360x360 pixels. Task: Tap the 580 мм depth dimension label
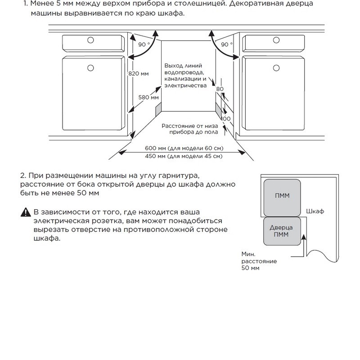[x=148, y=97]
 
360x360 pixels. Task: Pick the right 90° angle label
[x=226, y=45]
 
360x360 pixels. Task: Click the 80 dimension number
[x=220, y=89]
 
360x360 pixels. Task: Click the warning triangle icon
[x=25, y=212]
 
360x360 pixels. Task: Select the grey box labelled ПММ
[x=282, y=196]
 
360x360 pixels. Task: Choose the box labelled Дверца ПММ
[x=282, y=232]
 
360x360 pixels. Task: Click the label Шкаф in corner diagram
[x=315, y=211]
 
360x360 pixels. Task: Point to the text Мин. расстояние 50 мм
[x=259, y=261]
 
